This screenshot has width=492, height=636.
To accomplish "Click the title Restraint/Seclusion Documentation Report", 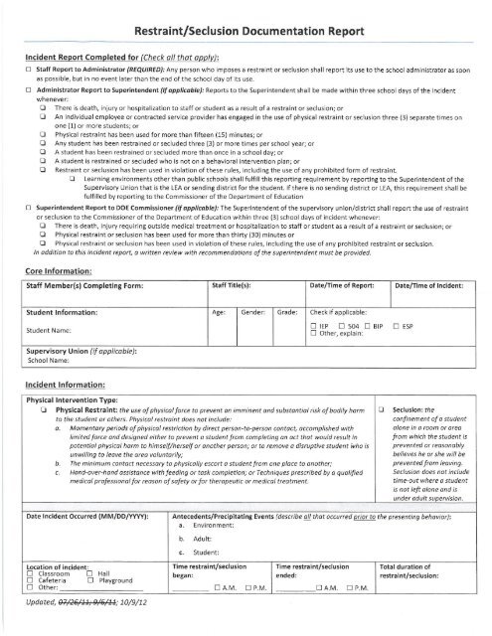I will coord(246,15).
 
